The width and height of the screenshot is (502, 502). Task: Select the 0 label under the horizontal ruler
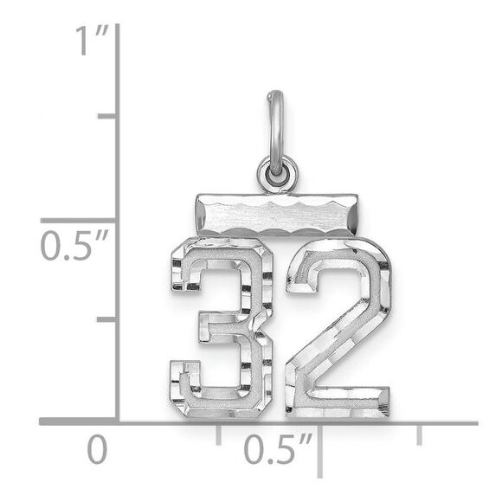click(x=97, y=450)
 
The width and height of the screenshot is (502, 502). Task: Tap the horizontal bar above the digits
click(x=275, y=215)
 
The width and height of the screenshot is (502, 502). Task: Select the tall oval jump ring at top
click(x=275, y=125)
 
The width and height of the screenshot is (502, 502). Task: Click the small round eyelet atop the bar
click(x=277, y=174)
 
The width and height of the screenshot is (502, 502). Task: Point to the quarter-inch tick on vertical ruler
click(x=107, y=319)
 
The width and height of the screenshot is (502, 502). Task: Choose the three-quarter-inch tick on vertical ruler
click(x=107, y=115)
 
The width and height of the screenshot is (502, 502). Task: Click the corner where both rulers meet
click(x=117, y=422)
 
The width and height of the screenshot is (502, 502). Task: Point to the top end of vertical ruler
click(x=117, y=26)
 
